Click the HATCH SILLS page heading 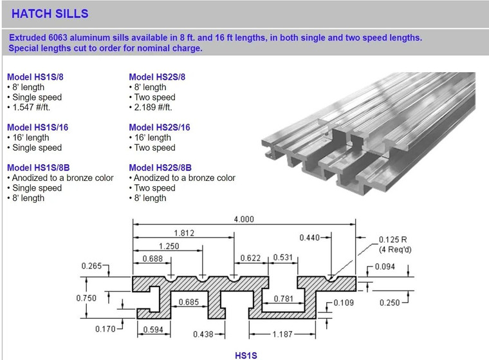[x=50, y=14]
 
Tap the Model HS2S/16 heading [x=160, y=128]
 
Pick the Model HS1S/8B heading [x=38, y=167]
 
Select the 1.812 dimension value [x=183, y=232]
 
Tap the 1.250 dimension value [x=169, y=246]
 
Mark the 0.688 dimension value [x=152, y=258]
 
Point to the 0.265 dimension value [x=92, y=266]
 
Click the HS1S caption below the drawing [x=246, y=355]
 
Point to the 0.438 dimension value [x=204, y=334]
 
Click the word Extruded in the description [x=28, y=37]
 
